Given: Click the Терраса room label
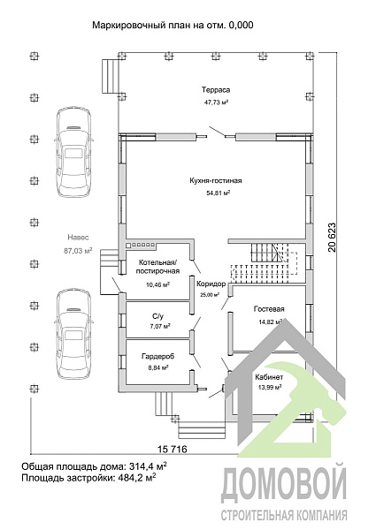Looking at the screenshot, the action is pyautogui.click(x=216, y=90).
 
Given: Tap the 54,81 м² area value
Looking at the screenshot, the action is pyautogui.click(x=218, y=193).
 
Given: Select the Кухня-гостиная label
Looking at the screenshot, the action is pyautogui.click(x=216, y=180).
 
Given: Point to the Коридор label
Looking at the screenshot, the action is pyautogui.click(x=211, y=284).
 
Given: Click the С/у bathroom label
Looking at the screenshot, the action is pyautogui.click(x=157, y=317).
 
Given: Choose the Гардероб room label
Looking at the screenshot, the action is pyautogui.click(x=157, y=356).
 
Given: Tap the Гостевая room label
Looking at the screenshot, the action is pyautogui.click(x=269, y=309).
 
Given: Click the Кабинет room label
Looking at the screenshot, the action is pyautogui.click(x=269, y=377).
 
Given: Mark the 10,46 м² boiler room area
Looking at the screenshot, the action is pyautogui.click(x=157, y=284).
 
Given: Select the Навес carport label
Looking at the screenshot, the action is pyautogui.click(x=78, y=238).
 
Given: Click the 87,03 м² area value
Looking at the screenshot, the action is pyautogui.click(x=78, y=251).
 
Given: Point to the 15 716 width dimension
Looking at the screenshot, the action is pyautogui.click(x=173, y=450).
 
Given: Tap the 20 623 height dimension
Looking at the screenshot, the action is pyautogui.click(x=332, y=238).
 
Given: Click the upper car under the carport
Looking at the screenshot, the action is pyautogui.click(x=73, y=152).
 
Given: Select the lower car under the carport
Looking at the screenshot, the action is pyautogui.click(x=73, y=336).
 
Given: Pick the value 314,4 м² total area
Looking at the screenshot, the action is pyautogui.click(x=148, y=466).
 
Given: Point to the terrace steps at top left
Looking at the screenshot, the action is pyautogui.click(x=111, y=76).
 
